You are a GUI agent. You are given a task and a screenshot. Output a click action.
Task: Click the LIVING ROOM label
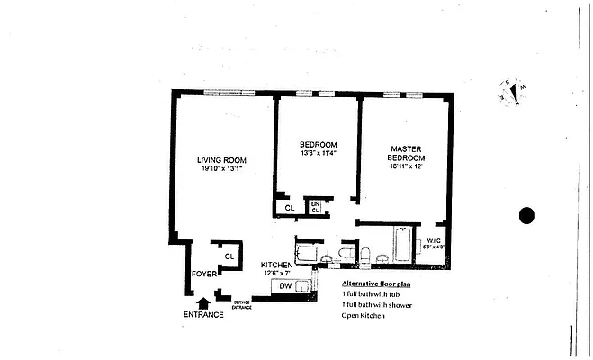(221, 160)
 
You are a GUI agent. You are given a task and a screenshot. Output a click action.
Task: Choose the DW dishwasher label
(283, 286)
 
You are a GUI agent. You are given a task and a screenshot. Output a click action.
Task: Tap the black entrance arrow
(202, 302)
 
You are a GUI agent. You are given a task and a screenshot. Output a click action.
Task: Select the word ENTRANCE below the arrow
(202, 315)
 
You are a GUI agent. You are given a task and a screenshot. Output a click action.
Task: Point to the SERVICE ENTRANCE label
(242, 305)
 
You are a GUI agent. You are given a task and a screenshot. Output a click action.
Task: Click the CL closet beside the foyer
(229, 256)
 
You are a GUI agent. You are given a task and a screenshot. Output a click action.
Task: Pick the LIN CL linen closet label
(315, 208)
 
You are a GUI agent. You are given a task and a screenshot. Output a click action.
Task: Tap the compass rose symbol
(511, 91)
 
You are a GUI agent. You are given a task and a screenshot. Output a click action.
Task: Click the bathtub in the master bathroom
(400, 246)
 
